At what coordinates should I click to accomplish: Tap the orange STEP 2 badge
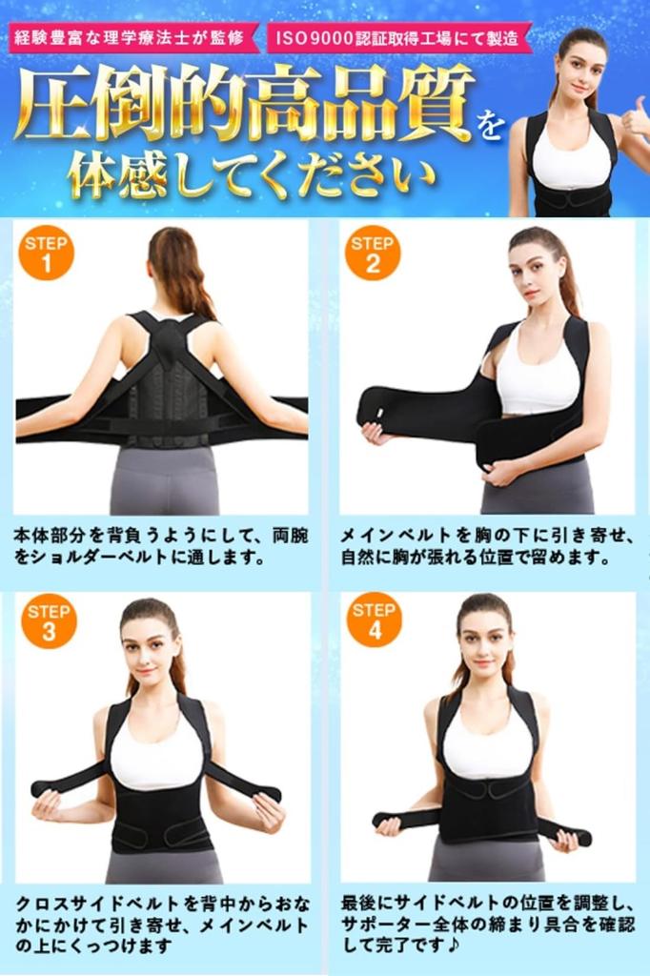point(372,253)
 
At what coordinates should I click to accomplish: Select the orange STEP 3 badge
point(48,620)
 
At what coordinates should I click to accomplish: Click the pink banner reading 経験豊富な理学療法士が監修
point(133,39)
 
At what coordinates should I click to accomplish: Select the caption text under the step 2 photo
point(486,546)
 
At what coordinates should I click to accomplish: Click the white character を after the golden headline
point(488,124)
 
